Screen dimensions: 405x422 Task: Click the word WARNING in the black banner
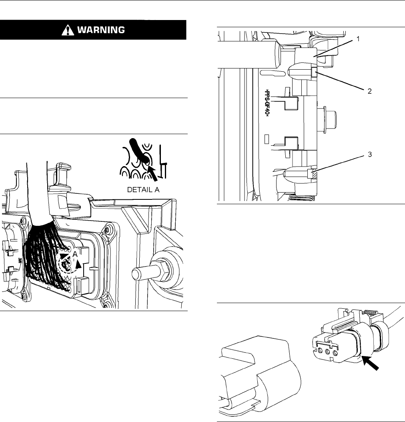tap(101, 30)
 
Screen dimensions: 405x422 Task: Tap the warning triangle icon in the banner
tap(68, 30)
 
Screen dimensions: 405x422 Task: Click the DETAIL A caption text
tap(143, 190)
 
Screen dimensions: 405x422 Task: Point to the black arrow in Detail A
tap(152, 173)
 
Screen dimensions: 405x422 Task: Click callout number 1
tap(358, 39)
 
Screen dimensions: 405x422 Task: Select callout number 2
tap(369, 91)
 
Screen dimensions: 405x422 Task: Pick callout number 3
tap(370, 155)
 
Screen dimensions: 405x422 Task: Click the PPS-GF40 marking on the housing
tap(267, 103)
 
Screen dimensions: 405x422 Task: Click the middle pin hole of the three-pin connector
tap(327, 352)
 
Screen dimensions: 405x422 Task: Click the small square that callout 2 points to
tap(315, 72)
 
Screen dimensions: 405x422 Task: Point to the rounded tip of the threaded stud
tap(134, 274)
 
